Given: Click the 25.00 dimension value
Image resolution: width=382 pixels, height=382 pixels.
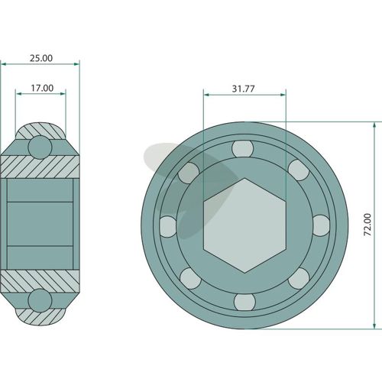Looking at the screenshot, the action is click(x=41, y=58).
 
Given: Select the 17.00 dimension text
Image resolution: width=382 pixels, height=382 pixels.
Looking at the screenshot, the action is click(x=42, y=88).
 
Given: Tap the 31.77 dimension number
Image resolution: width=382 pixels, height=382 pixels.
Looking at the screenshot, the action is click(x=243, y=89).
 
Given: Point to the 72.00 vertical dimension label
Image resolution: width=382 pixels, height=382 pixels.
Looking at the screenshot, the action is click(x=367, y=225).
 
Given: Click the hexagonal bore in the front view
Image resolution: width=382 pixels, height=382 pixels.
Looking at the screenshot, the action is click(x=244, y=225).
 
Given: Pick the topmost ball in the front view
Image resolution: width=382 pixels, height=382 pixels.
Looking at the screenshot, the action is click(x=243, y=148).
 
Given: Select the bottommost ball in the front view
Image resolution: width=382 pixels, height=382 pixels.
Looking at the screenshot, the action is click(x=244, y=303).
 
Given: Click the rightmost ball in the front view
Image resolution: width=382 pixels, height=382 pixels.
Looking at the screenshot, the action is click(x=322, y=225).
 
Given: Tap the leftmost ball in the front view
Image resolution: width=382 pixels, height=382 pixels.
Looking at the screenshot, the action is click(x=168, y=227).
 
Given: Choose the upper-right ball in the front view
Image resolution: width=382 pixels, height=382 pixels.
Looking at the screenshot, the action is click(x=299, y=170).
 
